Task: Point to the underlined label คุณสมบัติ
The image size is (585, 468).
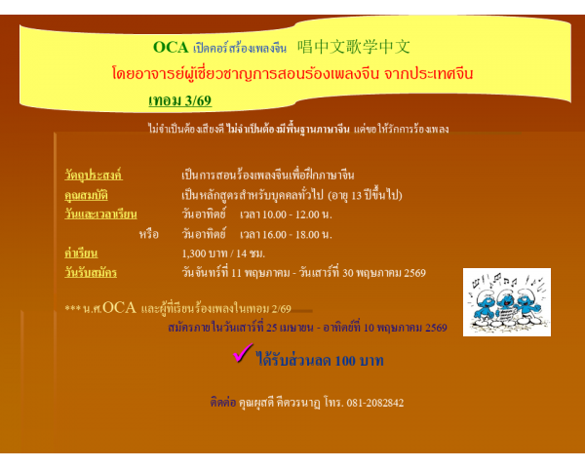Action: click(87, 195)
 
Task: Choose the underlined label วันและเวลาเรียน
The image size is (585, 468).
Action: click(100, 214)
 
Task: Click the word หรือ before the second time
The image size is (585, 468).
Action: click(148, 234)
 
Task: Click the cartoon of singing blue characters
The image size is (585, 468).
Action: click(506, 301)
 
